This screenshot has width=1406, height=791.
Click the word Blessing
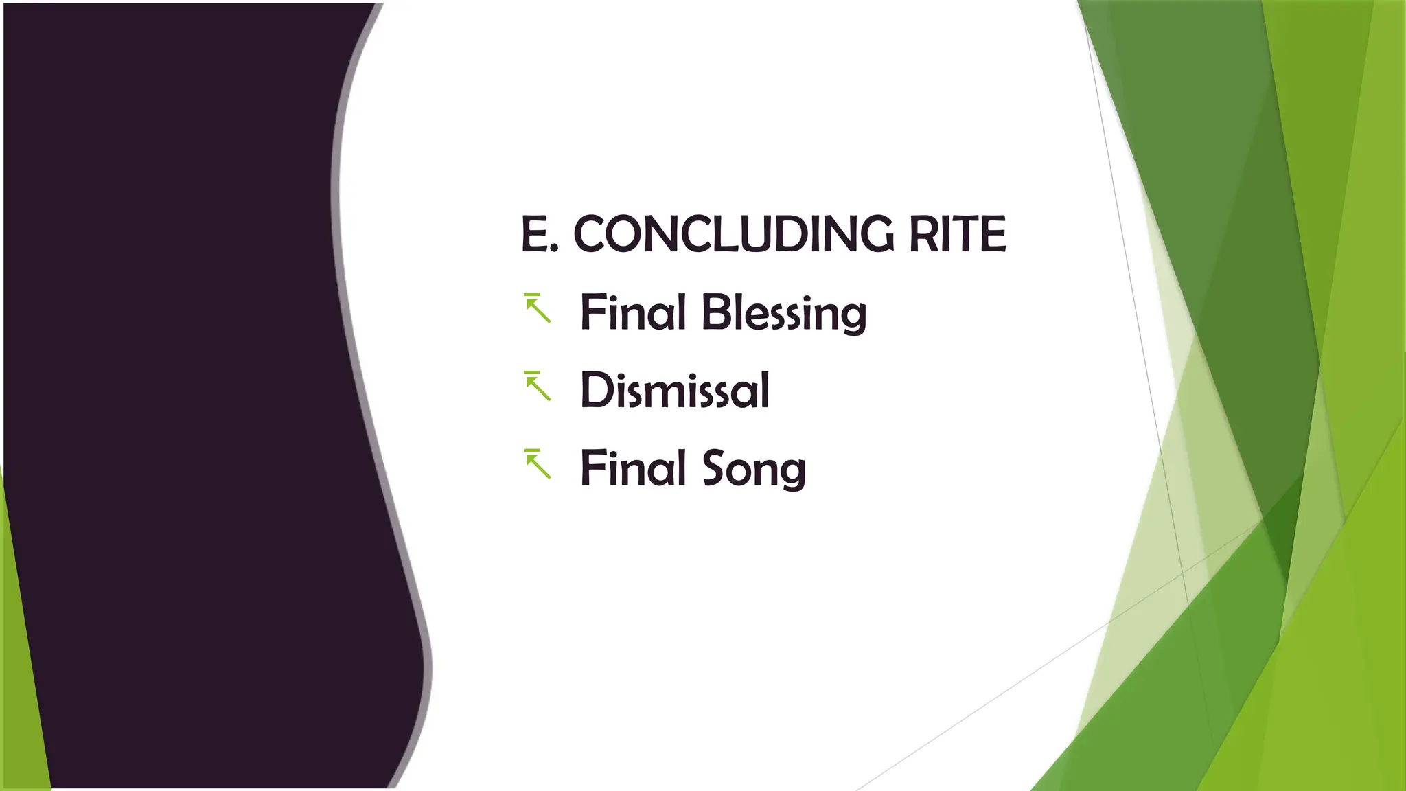783,313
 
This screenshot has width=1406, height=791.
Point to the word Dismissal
675,390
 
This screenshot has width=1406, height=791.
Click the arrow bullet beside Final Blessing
538,308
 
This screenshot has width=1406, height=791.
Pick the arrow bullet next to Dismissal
538,386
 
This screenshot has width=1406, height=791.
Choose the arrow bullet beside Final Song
538,464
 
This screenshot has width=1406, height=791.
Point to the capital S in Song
714,468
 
